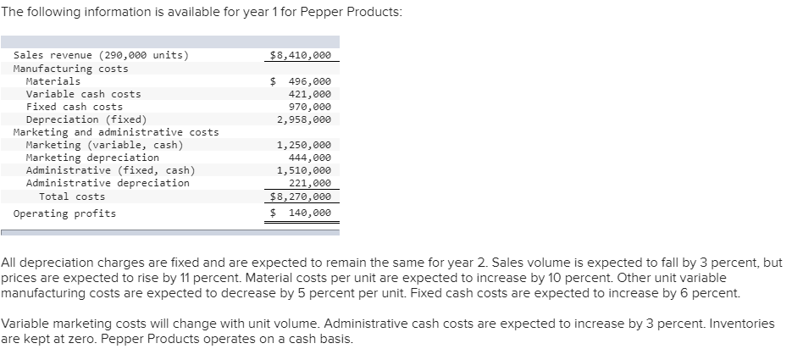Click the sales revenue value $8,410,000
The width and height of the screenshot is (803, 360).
[300, 56]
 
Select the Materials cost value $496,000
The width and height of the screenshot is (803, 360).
[301, 81]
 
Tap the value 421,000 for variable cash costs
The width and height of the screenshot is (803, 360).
[310, 94]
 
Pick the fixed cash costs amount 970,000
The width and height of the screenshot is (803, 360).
[310, 107]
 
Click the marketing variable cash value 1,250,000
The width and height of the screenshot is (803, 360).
[304, 145]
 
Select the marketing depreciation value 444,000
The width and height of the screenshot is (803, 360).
[310, 158]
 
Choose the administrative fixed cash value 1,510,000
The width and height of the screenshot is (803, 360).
[304, 170]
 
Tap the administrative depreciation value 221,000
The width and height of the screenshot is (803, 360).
[310, 183]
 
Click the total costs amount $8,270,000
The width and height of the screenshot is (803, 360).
[300, 197]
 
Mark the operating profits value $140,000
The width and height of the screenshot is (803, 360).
[301, 213]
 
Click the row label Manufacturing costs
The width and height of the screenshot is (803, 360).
[71, 69]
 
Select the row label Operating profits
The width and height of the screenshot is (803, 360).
[64, 213]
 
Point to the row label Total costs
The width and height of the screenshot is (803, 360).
[72, 197]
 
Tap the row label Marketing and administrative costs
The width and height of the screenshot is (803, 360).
[116, 132]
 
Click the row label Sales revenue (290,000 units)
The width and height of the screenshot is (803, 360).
[102, 56]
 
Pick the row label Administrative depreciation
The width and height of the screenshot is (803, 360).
[108, 183]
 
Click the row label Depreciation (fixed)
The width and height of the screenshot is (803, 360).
[86, 119]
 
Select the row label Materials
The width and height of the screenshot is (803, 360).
[53, 81]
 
